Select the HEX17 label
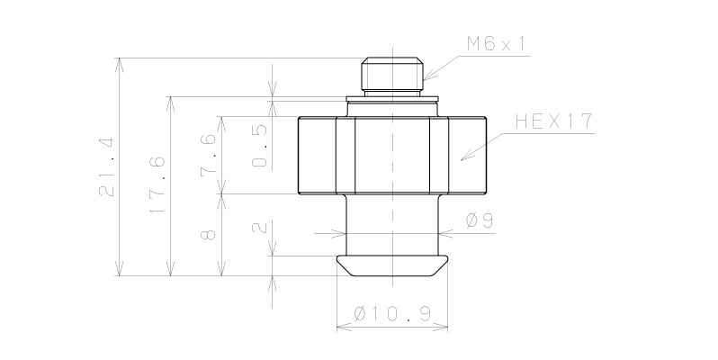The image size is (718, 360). tap(554, 122)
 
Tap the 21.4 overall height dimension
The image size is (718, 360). tap(108, 166)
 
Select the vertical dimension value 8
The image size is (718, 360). tap(209, 234)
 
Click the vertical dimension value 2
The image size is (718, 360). tap(260, 229)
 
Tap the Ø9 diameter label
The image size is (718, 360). tap(480, 220)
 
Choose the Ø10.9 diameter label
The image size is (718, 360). tap(391, 313)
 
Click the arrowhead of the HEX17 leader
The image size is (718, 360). tap(462, 158)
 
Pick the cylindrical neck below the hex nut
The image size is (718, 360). tap(392, 225)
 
